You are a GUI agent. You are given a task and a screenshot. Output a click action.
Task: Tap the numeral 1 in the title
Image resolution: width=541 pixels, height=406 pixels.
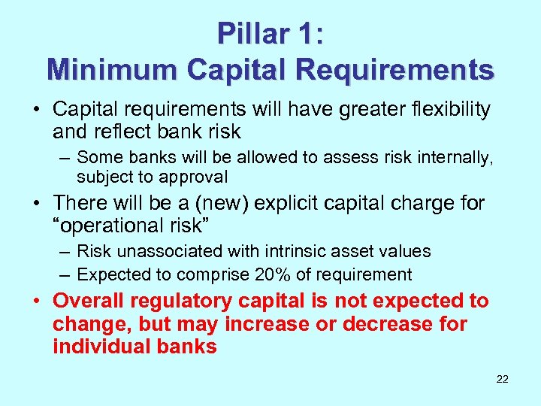(x=305, y=33)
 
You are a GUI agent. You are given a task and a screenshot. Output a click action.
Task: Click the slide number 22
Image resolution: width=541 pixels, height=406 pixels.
(x=503, y=379)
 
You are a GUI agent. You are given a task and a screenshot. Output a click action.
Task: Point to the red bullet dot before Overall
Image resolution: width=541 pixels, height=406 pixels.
(x=38, y=301)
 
